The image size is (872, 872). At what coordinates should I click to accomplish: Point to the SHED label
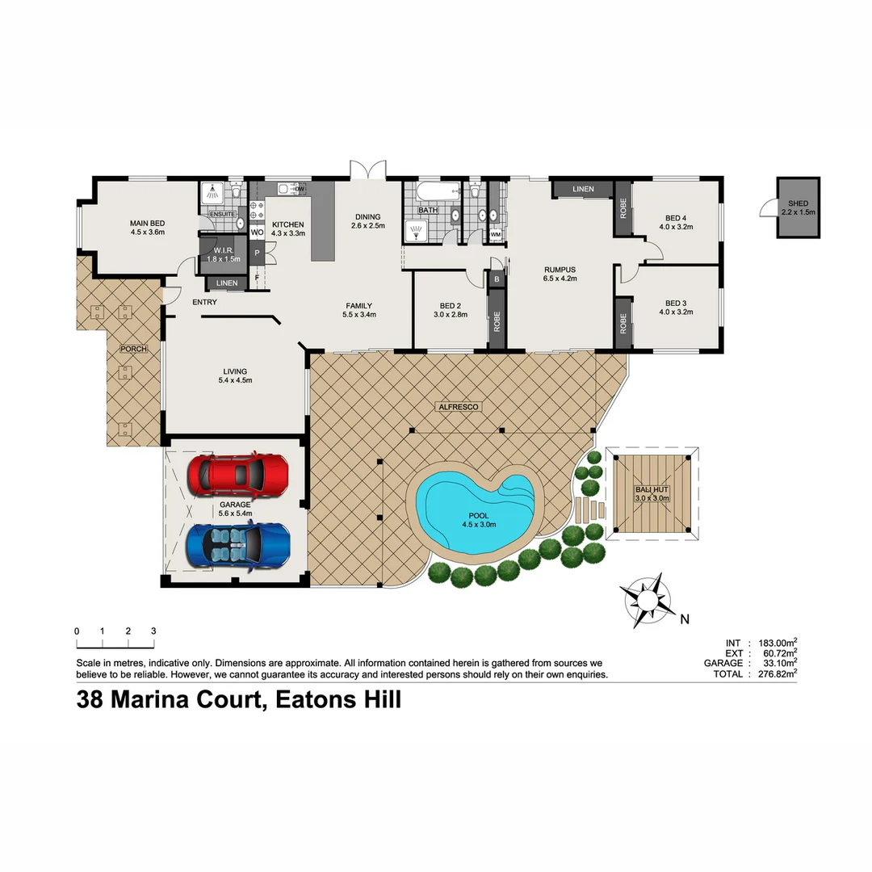coord(798,203)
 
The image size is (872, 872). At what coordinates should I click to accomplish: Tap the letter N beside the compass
coord(684,620)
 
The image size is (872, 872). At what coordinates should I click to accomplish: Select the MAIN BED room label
coord(147,224)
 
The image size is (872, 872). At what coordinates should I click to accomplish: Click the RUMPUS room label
coord(559,270)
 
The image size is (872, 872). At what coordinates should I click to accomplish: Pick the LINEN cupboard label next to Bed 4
coord(583,189)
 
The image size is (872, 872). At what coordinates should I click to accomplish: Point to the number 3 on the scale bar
coord(153,631)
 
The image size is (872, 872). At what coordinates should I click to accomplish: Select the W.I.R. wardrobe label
coord(223,249)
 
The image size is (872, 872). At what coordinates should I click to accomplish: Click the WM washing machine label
coord(495,235)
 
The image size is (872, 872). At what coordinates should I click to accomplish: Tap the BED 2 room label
coord(450,306)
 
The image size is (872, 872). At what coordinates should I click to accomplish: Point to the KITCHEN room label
coord(287,224)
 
